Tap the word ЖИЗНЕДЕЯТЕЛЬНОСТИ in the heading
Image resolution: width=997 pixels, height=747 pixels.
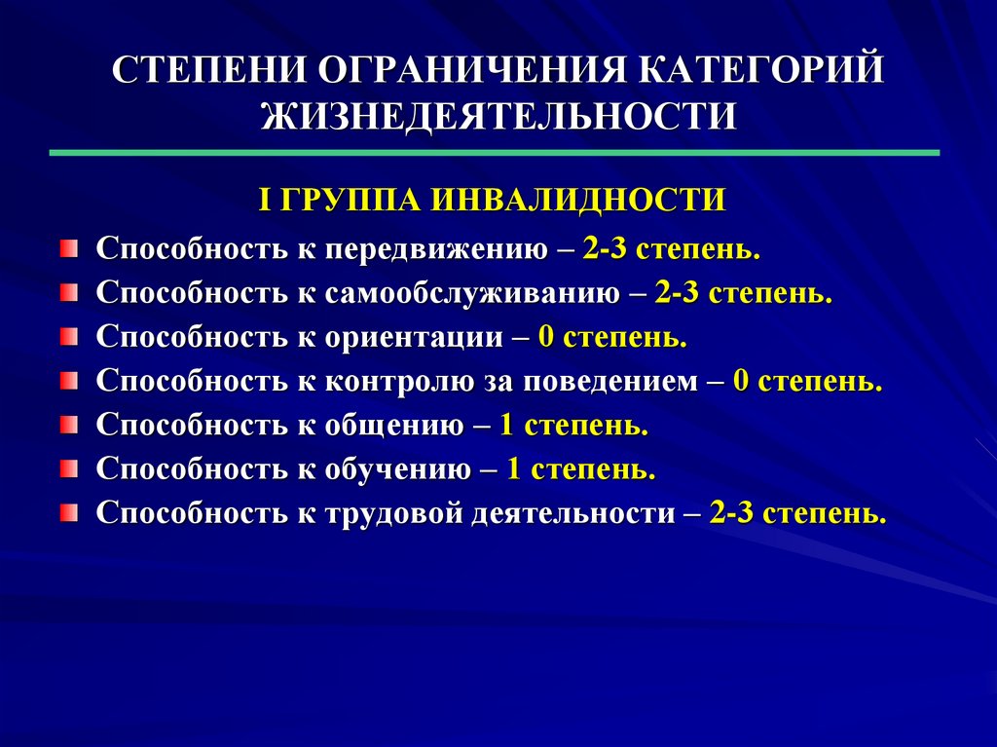[498, 117]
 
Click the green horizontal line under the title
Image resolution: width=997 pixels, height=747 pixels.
[495, 153]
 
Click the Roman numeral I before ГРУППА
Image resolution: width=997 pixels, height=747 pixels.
[265, 200]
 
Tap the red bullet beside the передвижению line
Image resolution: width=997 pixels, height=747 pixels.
[69, 248]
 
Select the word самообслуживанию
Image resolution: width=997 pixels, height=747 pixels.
[472, 293]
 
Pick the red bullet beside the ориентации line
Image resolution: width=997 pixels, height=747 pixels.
[69, 337]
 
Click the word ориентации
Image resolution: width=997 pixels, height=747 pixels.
[414, 337]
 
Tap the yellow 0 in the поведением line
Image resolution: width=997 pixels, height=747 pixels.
[741, 381]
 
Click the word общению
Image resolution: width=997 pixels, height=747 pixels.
[394, 425]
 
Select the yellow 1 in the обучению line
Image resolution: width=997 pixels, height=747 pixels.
[514, 468]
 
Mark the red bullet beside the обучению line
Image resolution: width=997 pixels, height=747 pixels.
[69, 468]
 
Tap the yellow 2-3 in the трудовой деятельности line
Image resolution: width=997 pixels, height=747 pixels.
[730, 513]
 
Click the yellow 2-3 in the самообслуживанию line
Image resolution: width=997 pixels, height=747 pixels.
[676, 293]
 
